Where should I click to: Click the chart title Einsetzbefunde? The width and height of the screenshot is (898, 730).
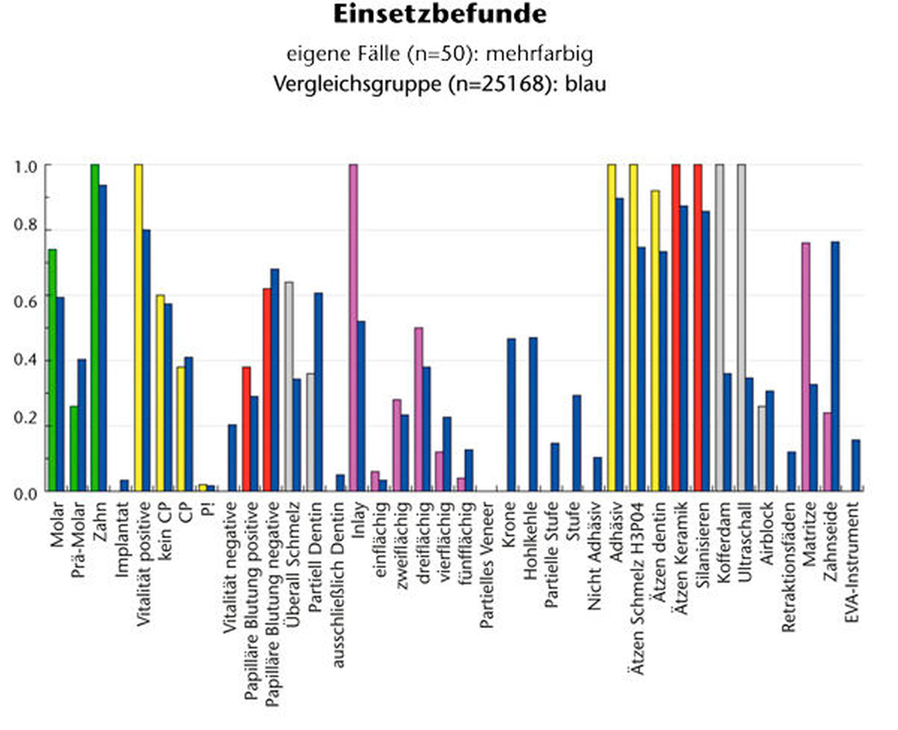pyautogui.click(x=440, y=14)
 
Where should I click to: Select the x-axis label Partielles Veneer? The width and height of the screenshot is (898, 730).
pyautogui.click(x=487, y=565)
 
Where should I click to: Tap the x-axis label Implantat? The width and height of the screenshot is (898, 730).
pyautogui.click(x=122, y=539)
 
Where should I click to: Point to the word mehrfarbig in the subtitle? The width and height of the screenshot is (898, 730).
pyautogui.click(x=539, y=54)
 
